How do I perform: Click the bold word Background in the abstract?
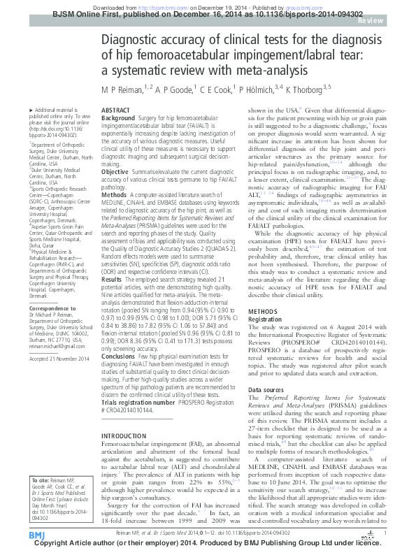pos(118,120)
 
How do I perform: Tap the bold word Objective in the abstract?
pos(115,171)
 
